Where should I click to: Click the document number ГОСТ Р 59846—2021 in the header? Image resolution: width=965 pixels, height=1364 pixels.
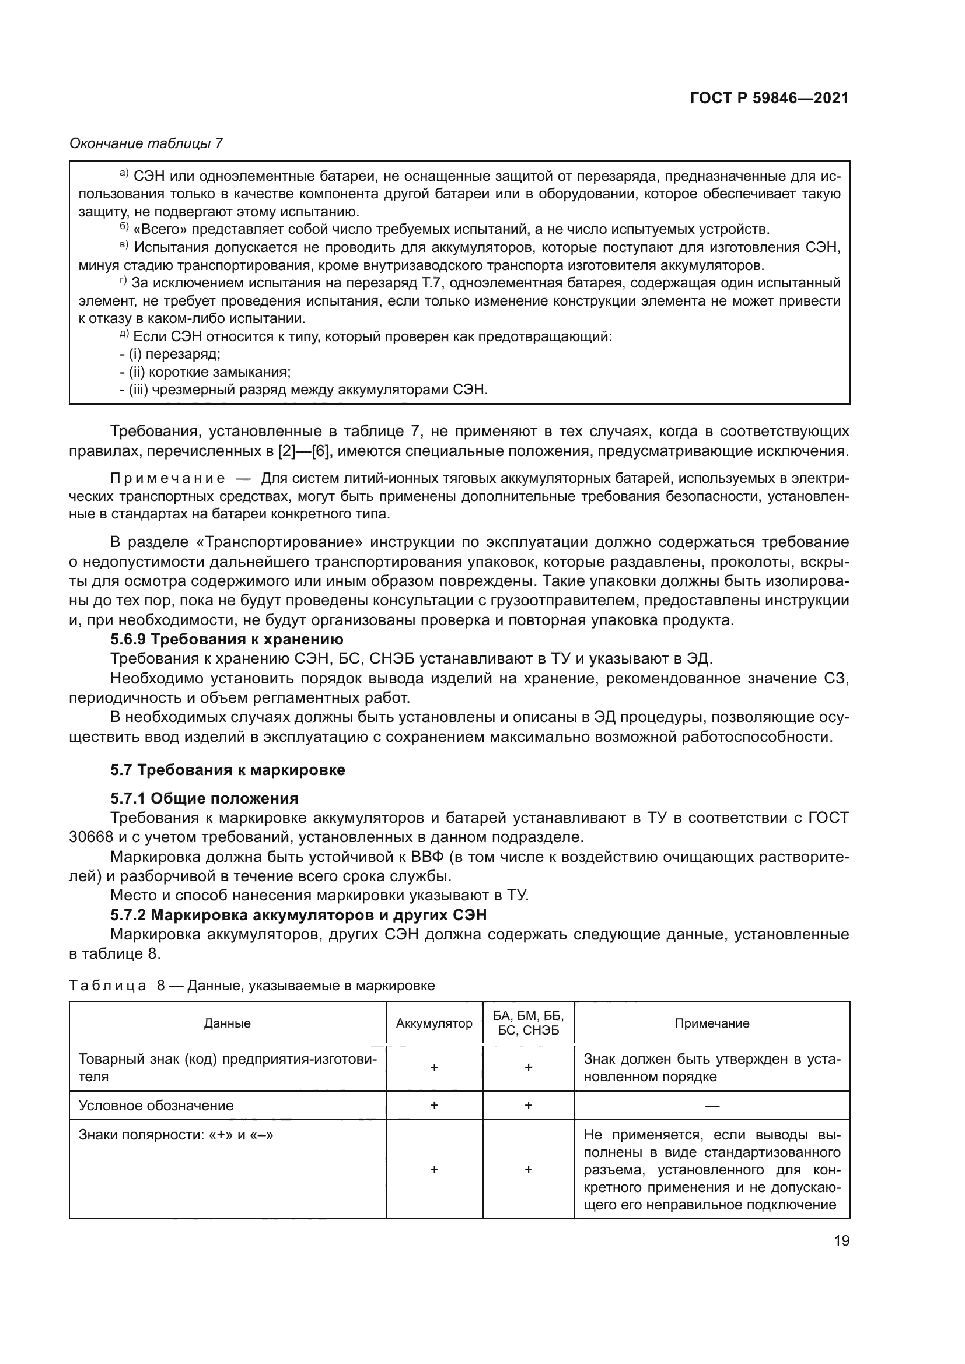click(x=769, y=98)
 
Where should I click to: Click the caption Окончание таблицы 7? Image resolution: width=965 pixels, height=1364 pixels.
click(x=146, y=143)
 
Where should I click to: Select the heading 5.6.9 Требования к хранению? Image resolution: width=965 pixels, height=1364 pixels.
click(x=226, y=639)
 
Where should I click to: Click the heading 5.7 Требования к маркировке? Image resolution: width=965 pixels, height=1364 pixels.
click(x=228, y=770)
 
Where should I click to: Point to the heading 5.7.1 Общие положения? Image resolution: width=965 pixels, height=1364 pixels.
click(x=204, y=798)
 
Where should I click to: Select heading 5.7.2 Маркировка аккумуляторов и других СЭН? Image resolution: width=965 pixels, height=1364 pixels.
click(x=298, y=915)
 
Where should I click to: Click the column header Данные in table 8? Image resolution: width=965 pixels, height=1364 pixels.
click(x=227, y=1023)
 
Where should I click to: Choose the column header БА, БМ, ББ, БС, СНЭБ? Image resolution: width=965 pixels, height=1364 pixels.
click(x=528, y=1022)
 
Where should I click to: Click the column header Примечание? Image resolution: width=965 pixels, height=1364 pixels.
click(x=712, y=1023)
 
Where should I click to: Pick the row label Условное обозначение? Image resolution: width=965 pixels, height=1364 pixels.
click(x=156, y=1106)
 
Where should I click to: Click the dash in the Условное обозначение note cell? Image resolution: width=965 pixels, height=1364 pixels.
click(x=712, y=1106)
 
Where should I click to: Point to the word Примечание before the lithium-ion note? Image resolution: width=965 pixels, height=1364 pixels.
click(x=167, y=479)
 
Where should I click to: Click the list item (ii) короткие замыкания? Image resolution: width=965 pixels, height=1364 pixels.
click(x=205, y=372)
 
